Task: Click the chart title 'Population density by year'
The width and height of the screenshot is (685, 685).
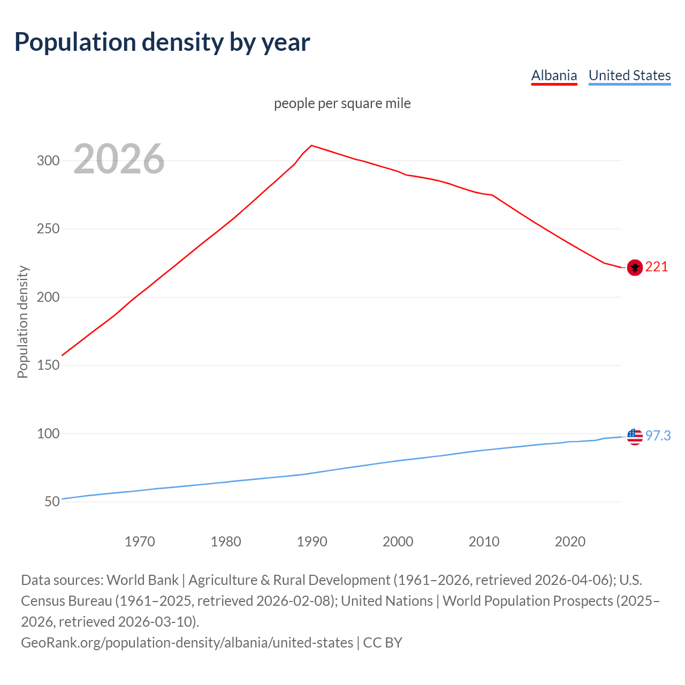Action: pyautogui.click(x=162, y=42)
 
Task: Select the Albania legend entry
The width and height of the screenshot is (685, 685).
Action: pyautogui.click(x=554, y=75)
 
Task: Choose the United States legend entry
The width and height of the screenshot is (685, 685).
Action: pyautogui.click(x=629, y=75)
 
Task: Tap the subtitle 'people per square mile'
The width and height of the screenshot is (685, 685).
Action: pyautogui.click(x=342, y=103)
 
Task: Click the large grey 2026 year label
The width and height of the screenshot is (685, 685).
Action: pyautogui.click(x=119, y=159)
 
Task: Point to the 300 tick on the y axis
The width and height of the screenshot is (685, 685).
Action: pyautogui.click(x=48, y=161)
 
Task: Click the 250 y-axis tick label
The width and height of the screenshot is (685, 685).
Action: pyautogui.click(x=48, y=229)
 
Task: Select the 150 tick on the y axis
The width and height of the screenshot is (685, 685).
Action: pyautogui.click(x=48, y=366)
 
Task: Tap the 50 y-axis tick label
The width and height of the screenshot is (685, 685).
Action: pyautogui.click(x=52, y=502)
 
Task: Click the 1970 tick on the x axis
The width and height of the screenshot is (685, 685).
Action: pyautogui.click(x=140, y=542)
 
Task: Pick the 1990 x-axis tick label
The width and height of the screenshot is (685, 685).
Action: pyautogui.click(x=312, y=542)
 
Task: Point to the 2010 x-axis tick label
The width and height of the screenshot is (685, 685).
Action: pyautogui.click(x=484, y=542)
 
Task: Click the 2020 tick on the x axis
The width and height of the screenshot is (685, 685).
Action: pyautogui.click(x=570, y=542)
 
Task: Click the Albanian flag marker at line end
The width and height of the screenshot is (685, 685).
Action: pyautogui.click(x=635, y=268)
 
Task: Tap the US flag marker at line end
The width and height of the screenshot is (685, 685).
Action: pyautogui.click(x=635, y=437)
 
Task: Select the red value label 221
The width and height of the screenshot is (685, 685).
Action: pyautogui.click(x=657, y=267)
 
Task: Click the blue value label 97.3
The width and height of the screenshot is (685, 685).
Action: pyautogui.click(x=658, y=436)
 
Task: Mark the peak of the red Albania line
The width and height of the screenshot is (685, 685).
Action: pyautogui.click(x=311, y=145)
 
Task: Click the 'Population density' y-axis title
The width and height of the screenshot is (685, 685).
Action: pyautogui.click(x=22, y=322)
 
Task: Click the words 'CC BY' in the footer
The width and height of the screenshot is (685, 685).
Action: pyautogui.click(x=383, y=643)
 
